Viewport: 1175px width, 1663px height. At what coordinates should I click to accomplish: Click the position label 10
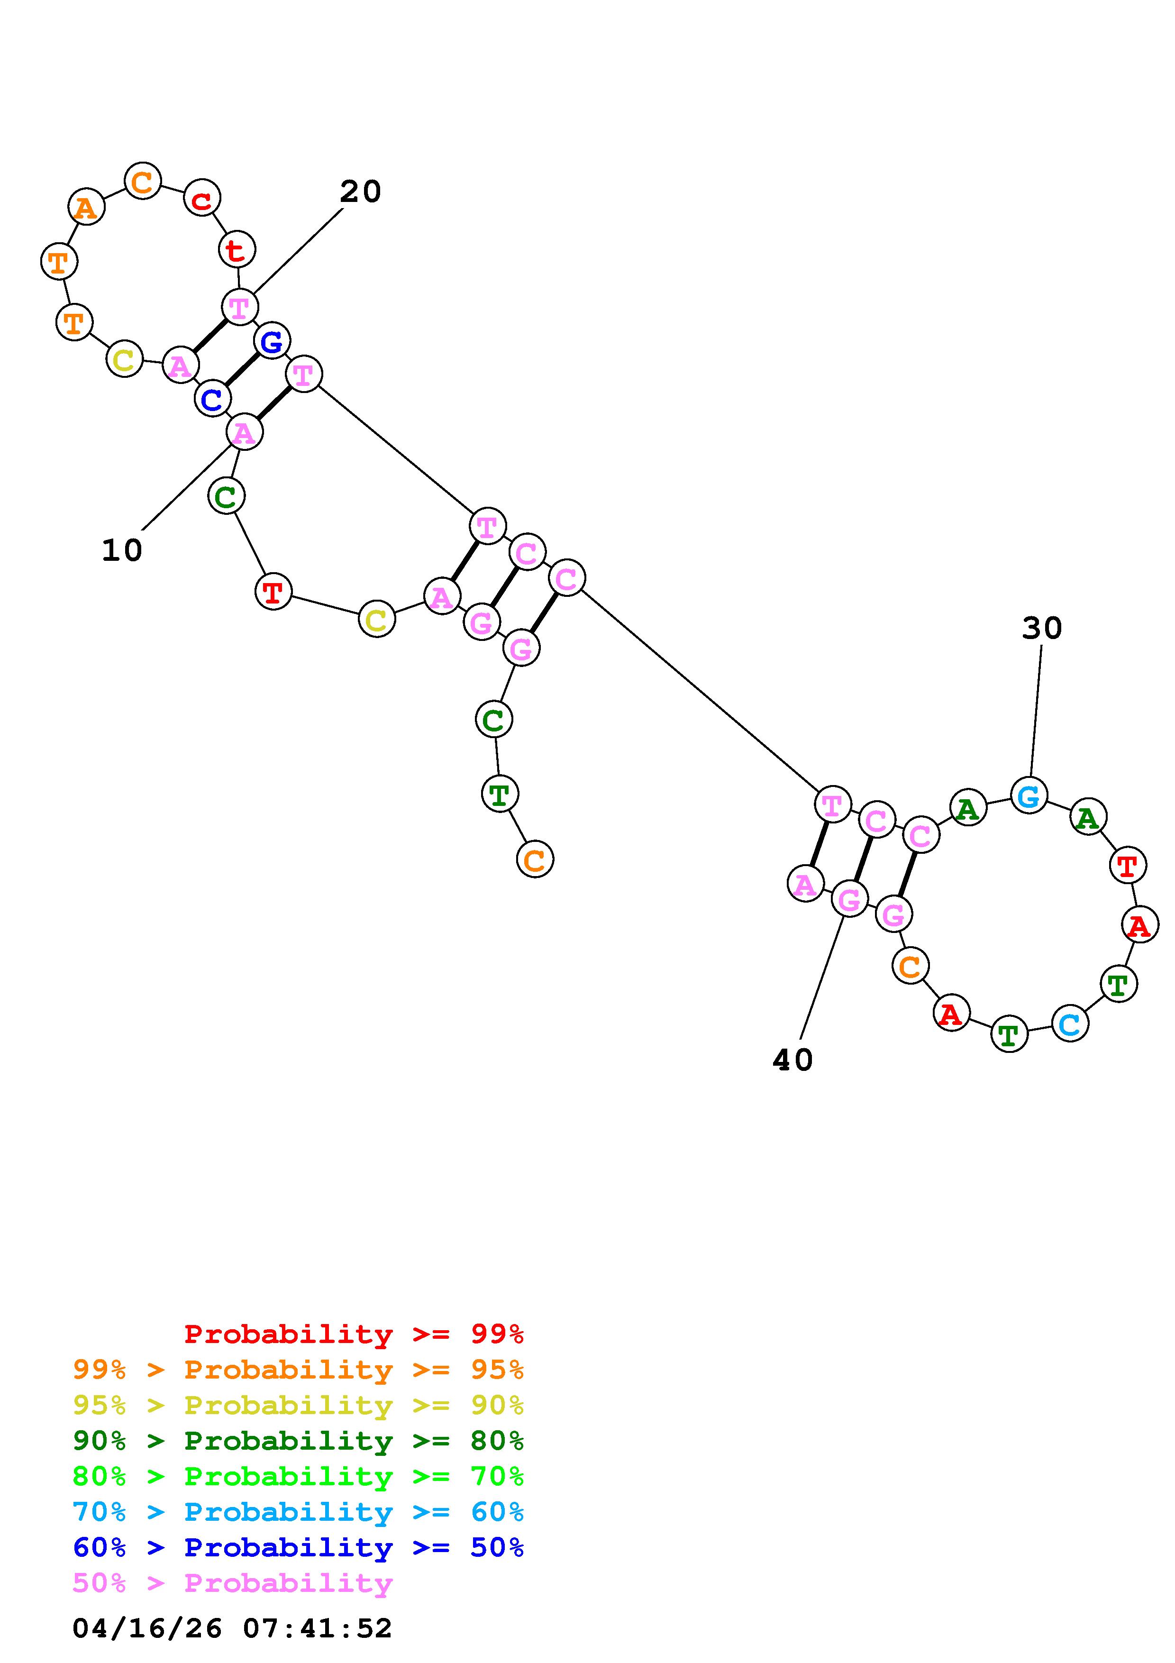click(x=122, y=550)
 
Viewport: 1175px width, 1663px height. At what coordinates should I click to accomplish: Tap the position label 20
click(x=360, y=192)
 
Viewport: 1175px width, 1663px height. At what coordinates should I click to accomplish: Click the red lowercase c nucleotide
click(x=202, y=199)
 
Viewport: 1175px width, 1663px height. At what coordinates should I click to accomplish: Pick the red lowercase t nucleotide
click(x=236, y=250)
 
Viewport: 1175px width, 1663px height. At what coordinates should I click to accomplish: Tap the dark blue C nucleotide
click(x=212, y=398)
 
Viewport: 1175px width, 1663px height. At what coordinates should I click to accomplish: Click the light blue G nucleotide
click(x=1029, y=795)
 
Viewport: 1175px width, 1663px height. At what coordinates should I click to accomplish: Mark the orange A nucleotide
click(x=86, y=207)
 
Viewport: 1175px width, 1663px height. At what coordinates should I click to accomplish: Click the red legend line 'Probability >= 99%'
click(x=353, y=1334)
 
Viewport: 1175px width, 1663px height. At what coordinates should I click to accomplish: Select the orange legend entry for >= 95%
click(x=298, y=1370)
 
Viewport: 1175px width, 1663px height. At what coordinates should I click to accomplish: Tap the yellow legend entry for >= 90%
click(x=298, y=1405)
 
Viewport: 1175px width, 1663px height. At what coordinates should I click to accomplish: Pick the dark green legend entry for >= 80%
click(x=298, y=1441)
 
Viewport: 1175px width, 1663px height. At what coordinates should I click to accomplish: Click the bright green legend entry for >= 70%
click(x=298, y=1476)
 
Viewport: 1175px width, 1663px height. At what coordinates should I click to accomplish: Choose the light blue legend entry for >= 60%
click(x=298, y=1512)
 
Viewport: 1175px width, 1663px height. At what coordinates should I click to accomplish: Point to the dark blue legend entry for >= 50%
click(x=298, y=1547)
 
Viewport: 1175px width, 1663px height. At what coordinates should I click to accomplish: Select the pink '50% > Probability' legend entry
click(x=232, y=1582)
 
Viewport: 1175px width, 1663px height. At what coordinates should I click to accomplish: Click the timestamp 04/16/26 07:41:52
click(x=232, y=1628)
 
